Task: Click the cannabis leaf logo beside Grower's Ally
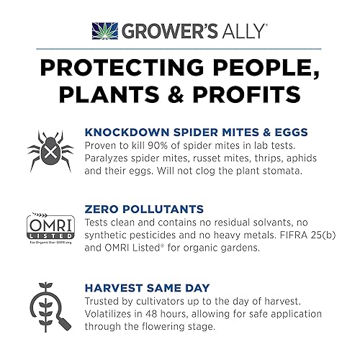click(104, 30)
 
